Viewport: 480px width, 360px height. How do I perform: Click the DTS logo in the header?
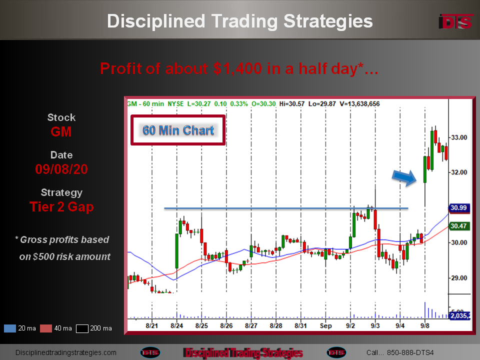pyautogui.click(x=456, y=21)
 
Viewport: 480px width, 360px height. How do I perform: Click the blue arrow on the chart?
pyautogui.click(x=404, y=177)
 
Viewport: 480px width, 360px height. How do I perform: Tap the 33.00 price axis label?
pyautogui.click(x=459, y=137)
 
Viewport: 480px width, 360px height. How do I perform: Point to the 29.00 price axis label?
pyautogui.click(x=459, y=278)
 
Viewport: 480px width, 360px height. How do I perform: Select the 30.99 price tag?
pyautogui.click(x=458, y=208)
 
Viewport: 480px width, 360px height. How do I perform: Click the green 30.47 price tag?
pyautogui.click(x=458, y=226)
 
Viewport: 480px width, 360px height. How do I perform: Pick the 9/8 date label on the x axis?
pyautogui.click(x=424, y=325)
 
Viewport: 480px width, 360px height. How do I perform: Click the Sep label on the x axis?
pyautogui.click(x=325, y=325)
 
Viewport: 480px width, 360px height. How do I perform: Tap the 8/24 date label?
pyautogui.click(x=176, y=325)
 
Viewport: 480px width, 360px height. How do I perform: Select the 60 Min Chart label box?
pyautogui.click(x=178, y=130)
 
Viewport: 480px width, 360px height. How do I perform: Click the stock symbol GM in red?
pyautogui.click(x=61, y=131)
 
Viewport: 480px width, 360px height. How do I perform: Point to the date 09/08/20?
pyautogui.click(x=61, y=169)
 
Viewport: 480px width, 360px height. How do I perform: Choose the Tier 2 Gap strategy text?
pyautogui.click(x=61, y=207)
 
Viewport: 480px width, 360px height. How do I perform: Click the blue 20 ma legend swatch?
pyautogui.click(x=10, y=328)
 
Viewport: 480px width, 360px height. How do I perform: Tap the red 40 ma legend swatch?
pyautogui.click(x=46, y=328)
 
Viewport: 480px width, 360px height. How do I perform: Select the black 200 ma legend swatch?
pyautogui.click(x=82, y=328)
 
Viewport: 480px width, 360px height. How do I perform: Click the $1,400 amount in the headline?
pyautogui.click(x=237, y=68)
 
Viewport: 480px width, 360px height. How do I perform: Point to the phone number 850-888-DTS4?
pyautogui.click(x=410, y=352)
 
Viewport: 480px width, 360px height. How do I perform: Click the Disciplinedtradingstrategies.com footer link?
pyautogui.click(x=66, y=352)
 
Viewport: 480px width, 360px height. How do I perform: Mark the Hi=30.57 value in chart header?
pyautogui.click(x=291, y=104)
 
